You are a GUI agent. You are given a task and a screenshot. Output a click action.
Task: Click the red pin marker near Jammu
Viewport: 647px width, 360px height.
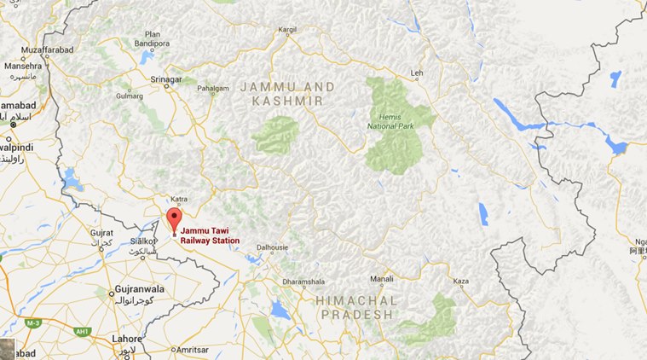pos(174,218)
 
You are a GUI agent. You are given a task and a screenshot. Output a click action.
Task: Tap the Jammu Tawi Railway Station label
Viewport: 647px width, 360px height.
pos(210,235)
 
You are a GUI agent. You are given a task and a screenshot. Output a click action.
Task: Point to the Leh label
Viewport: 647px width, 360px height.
pos(416,73)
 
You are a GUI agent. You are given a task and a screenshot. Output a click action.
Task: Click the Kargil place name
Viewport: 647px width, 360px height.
pos(288,30)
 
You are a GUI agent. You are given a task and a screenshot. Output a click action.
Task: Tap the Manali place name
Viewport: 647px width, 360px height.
pos(382,279)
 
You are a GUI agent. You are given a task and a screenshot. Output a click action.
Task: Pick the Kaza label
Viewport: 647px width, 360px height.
pos(461,280)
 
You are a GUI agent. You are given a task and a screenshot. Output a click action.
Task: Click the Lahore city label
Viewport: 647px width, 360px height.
pos(126,339)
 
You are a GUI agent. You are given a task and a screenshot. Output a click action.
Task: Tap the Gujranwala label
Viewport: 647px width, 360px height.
pos(138,292)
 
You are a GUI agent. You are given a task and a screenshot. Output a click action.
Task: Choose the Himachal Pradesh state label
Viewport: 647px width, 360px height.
pos(356,307)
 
